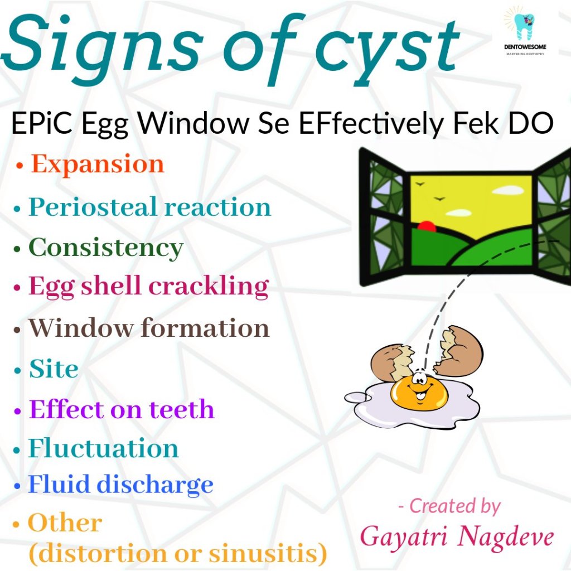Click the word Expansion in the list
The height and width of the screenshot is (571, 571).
98,164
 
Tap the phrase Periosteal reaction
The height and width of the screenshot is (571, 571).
149,207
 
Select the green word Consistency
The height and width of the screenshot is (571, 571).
105,248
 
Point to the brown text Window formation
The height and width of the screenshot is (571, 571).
149,328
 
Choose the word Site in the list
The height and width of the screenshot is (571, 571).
54,369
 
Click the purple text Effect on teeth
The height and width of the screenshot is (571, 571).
121,409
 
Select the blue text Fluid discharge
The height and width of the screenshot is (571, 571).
121,485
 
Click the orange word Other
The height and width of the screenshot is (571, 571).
65,522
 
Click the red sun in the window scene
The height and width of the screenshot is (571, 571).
427,226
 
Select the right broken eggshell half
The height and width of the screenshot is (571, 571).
461,349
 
